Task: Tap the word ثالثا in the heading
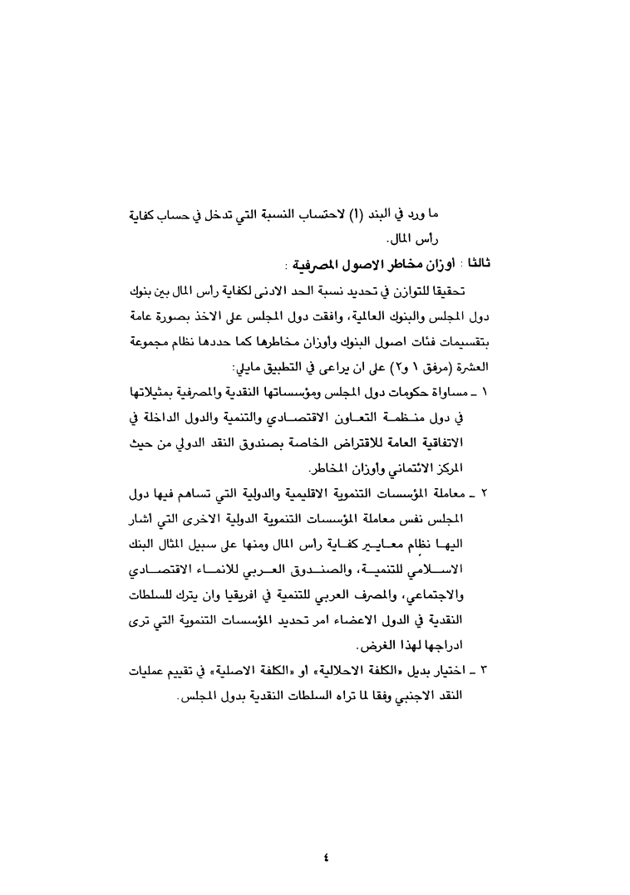(x=479, y=265)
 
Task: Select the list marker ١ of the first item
(x=485, y=392)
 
